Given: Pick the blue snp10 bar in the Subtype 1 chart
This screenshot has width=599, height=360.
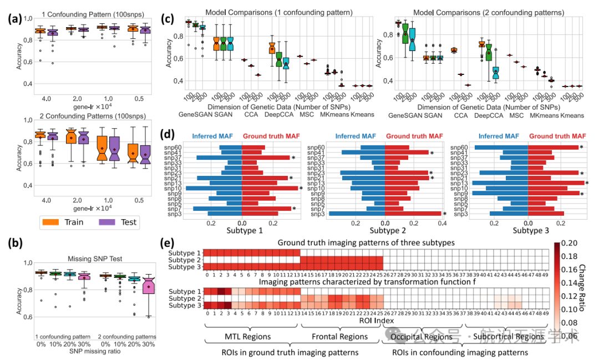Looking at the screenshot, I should coord(214,189).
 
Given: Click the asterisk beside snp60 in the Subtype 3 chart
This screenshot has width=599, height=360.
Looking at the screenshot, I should coord(581,147).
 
